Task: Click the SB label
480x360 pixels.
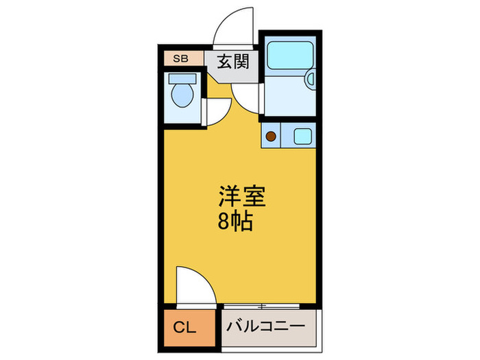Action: tap(180, 58)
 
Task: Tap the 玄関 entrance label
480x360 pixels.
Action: tap(232, 61)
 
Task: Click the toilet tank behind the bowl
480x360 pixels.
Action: tap(181, 78)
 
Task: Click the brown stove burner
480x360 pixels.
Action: tap(271, 136)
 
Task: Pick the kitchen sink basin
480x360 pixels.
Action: tap(302, 136)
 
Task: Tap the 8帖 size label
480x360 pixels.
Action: tap(233, 221)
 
